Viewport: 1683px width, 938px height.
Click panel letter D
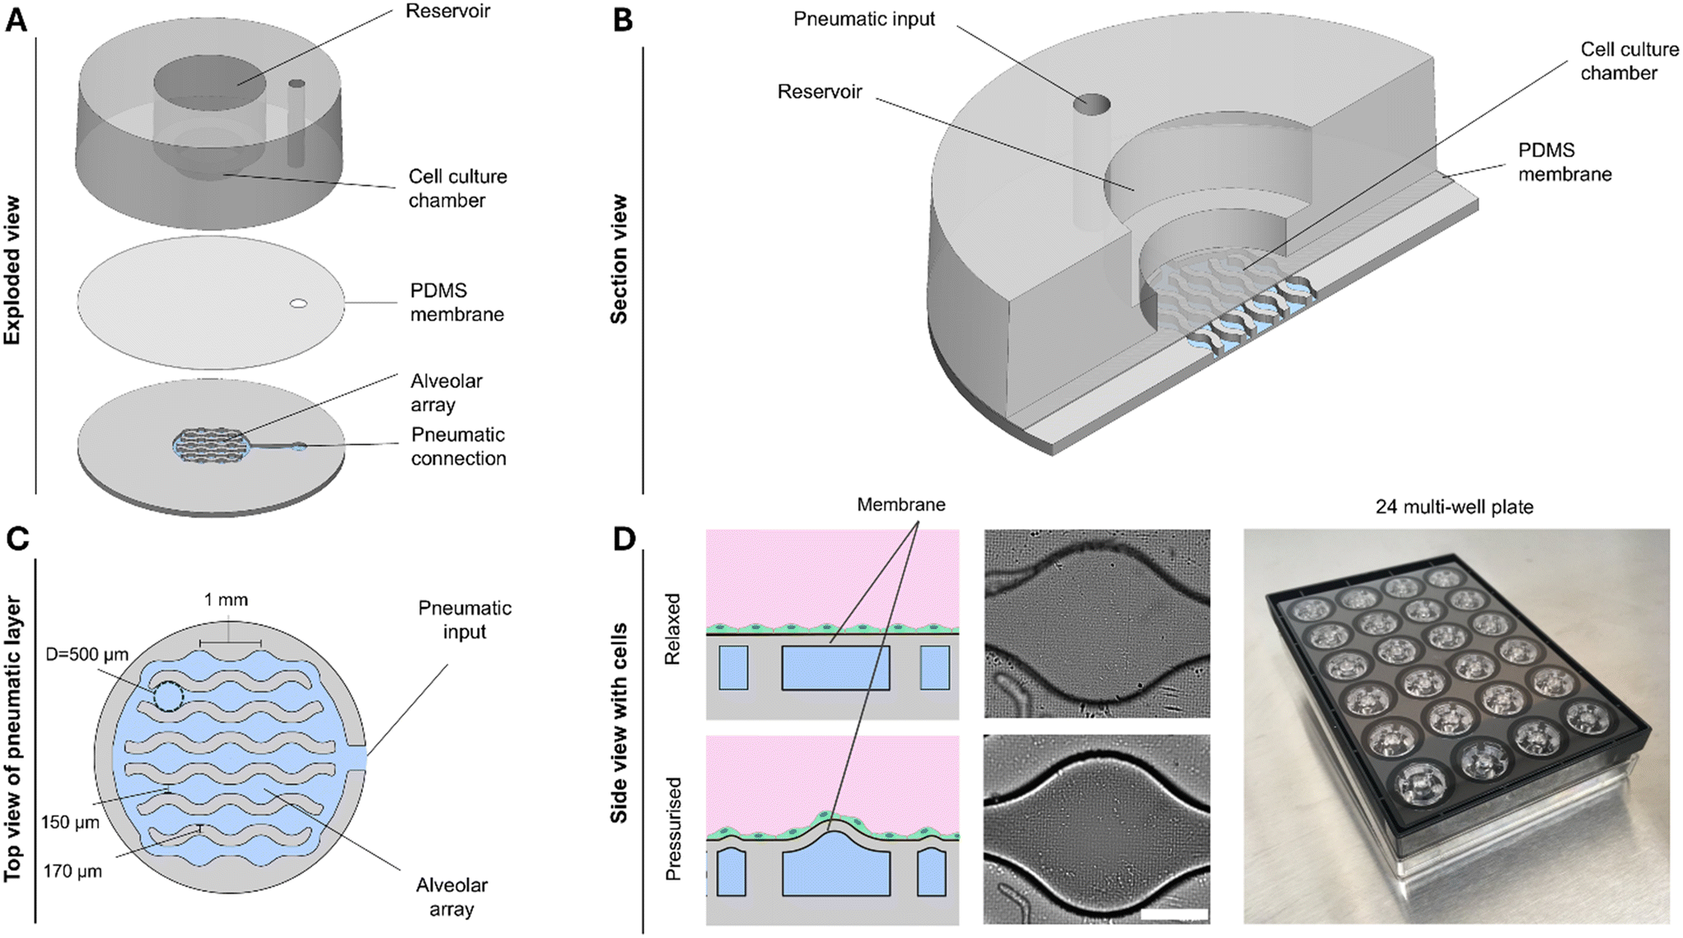(624, 539)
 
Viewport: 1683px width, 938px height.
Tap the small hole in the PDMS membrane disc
(298, 304)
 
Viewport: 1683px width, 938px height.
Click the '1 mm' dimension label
(226, 600)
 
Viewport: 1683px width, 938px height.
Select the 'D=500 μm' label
(88, 656)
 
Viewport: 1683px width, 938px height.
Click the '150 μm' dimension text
(70, 823)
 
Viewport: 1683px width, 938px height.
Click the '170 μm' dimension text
(72, 871)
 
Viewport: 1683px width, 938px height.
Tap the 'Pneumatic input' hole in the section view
(1091, 105)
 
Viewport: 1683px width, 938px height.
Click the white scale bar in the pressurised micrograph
(1176, 914)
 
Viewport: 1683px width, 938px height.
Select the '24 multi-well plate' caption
(1454, 507)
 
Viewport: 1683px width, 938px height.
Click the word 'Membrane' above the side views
(900, 505)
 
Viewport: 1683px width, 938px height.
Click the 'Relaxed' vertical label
(673, 629)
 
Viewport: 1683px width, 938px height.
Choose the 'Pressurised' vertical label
(673, 828)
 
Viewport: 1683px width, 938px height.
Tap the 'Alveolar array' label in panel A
(446, 393)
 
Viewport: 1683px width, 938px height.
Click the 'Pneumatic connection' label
(458, 446)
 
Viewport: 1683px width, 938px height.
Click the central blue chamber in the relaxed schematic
(835, 668)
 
